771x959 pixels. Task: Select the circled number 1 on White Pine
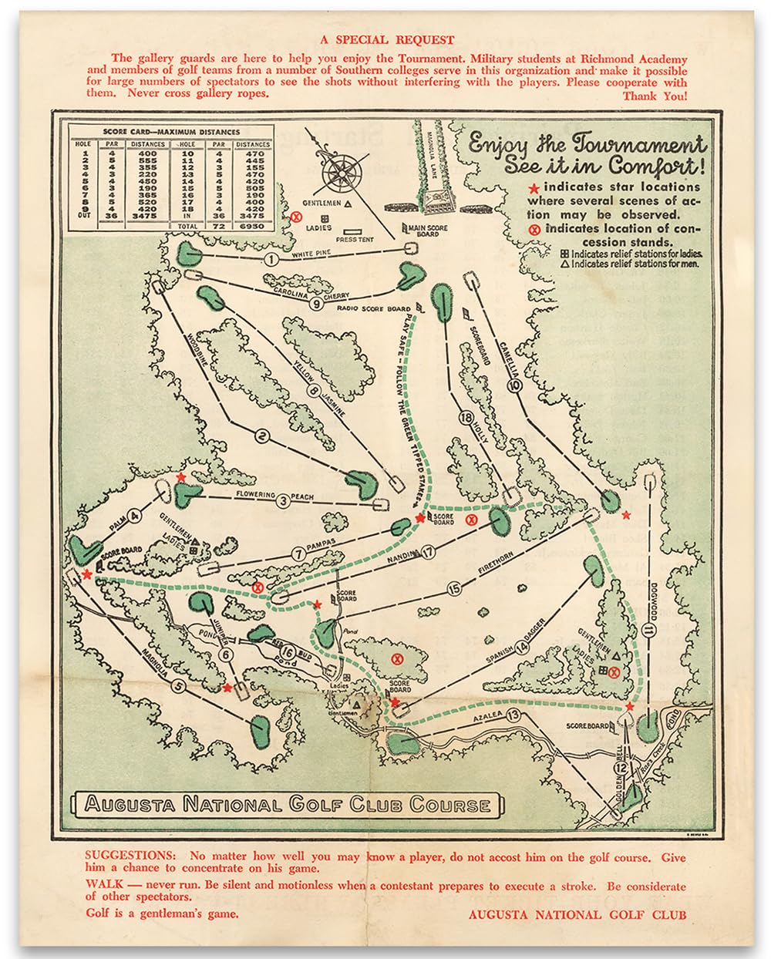pos(271,260)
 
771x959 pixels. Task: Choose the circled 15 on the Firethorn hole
pos(454,589)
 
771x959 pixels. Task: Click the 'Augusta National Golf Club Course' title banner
pos(288,805)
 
